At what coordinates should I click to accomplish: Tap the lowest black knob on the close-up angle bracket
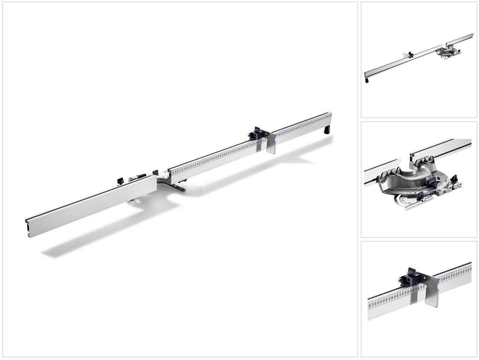(420, 196)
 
